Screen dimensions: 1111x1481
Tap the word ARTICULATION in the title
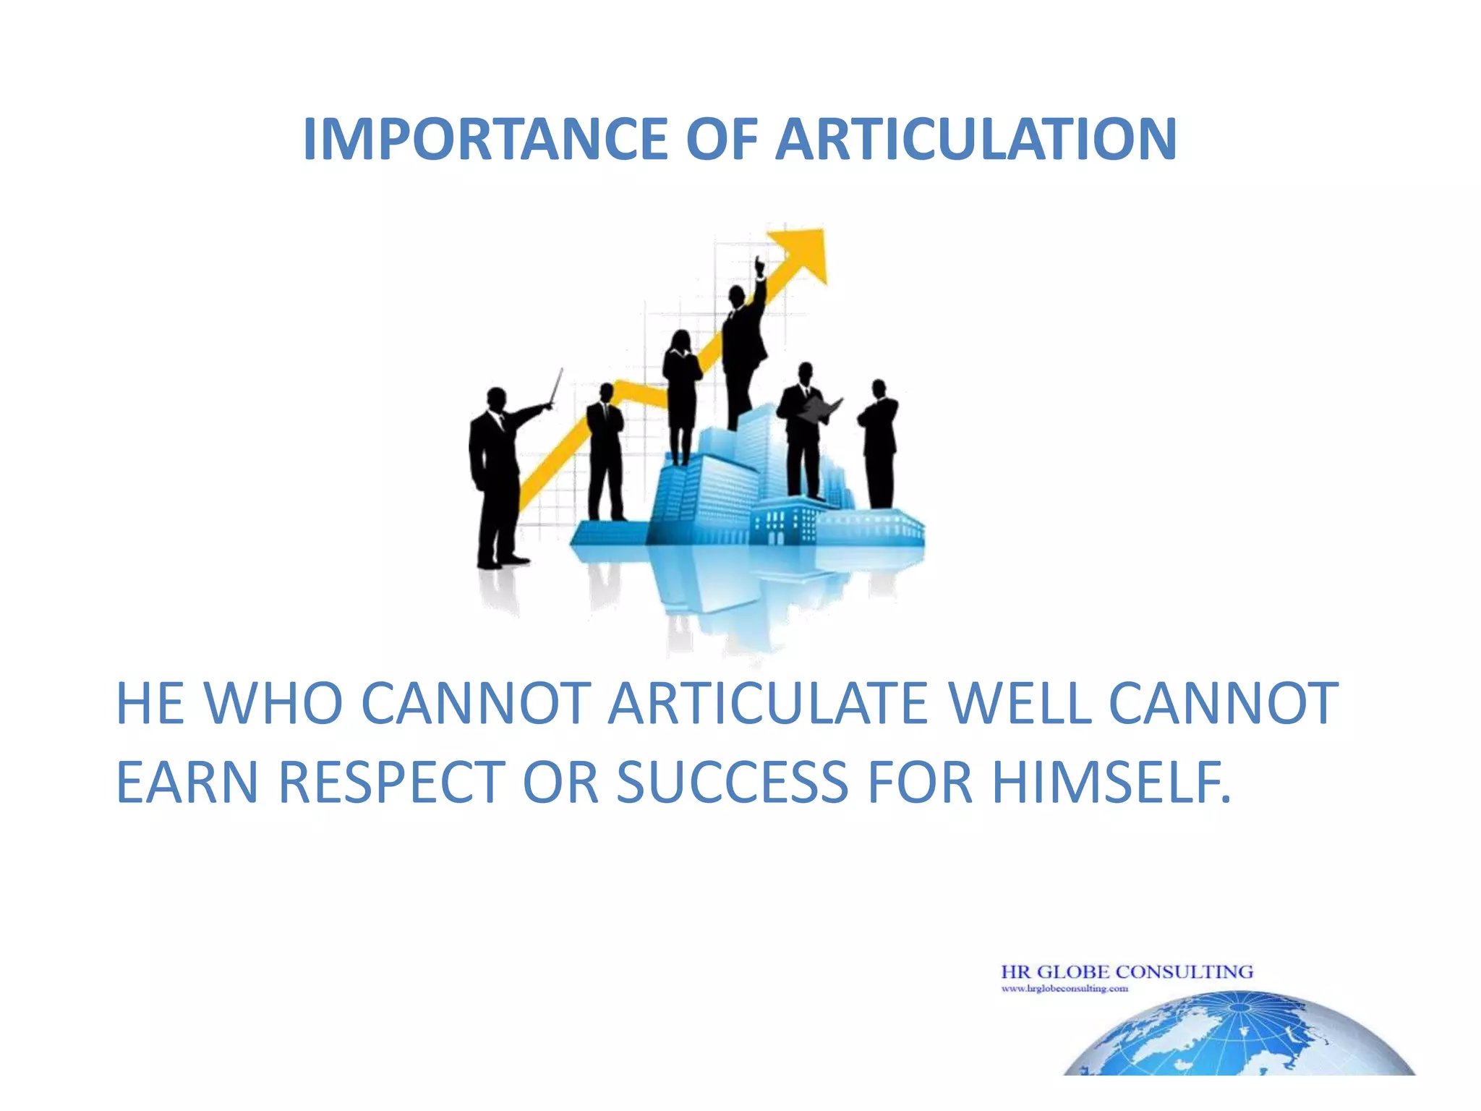(976, 139)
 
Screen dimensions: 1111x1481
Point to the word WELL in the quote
(1020, 703)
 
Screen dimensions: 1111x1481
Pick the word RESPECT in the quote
(391, 783)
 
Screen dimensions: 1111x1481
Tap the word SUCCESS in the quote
(732, 783)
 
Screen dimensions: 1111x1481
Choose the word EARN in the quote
(187, 783)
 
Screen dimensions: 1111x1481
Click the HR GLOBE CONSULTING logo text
(1127, 971)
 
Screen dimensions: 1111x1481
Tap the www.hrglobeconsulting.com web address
(1064, 989)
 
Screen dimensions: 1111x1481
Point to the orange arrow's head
(803, 250)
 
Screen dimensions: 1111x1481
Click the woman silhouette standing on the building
(681, 394)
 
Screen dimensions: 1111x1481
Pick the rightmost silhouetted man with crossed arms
(879, 441)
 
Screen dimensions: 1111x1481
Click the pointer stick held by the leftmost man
(556, 387)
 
